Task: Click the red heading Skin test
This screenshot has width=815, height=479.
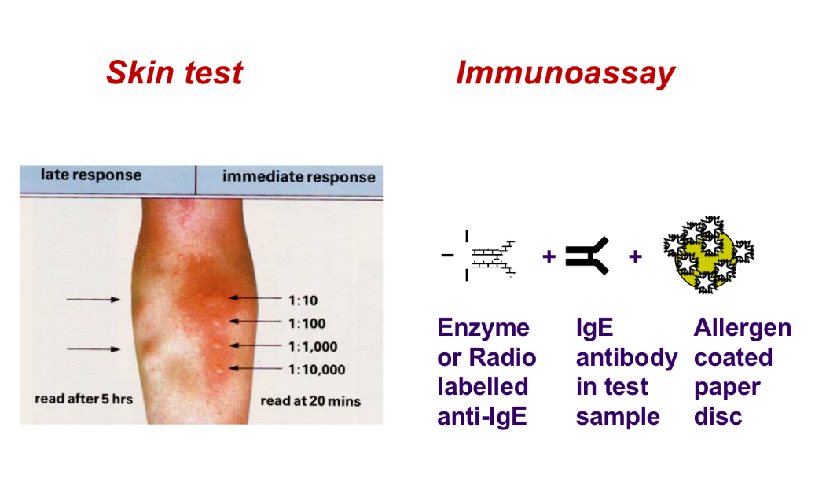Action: pos(174,73)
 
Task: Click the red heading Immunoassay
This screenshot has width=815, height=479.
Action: pos(564,73)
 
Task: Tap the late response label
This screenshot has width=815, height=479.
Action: pos(91,175)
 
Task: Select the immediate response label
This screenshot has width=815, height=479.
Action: pos(299,176)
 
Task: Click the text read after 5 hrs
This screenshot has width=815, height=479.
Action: pos(83,400)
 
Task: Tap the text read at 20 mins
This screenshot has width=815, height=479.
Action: pos(310,401)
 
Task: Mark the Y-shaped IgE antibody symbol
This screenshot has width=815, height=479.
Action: pos(587,256)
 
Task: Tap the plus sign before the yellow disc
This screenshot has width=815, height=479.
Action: pos(635,256)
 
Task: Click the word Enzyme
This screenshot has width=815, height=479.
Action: pos(483,328)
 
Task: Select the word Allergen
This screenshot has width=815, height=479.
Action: pos(742,328)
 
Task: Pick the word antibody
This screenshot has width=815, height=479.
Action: pos(626,358)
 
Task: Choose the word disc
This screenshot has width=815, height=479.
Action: pos(718,416)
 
